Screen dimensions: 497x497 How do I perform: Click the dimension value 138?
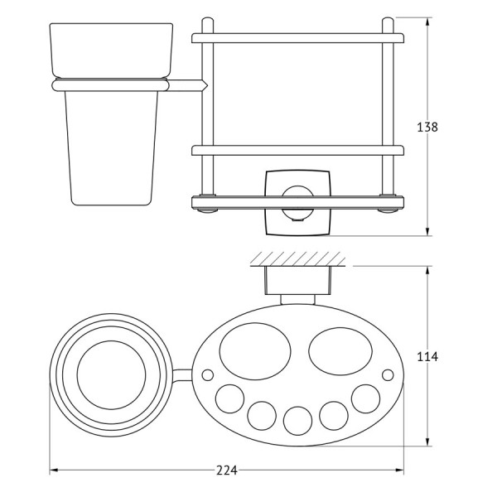[x=427, y=127]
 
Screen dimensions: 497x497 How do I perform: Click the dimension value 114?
[x=427, y=356]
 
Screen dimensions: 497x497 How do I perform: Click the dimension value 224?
[x=227, y=470]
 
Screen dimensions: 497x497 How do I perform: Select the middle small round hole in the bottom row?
[x=297, y=421]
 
